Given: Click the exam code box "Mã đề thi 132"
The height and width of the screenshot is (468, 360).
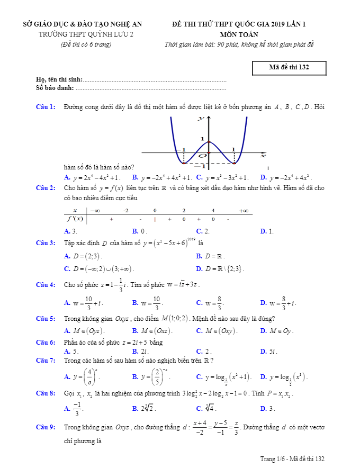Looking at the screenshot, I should pyautogui.click(x=289, y=68).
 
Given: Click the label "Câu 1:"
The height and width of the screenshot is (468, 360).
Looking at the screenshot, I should pyautogui.click(x=46, y=107).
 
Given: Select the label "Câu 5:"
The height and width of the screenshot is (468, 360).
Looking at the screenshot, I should pyautogui.click(x=46, y=319).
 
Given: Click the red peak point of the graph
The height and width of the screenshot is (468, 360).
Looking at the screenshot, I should pyautogui.click(x=209, y=142).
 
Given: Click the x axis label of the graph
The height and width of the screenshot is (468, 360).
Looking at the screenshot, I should pyautogui.click(x=263, y=156).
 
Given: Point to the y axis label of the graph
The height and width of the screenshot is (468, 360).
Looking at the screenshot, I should pyautogui.click(x=201, y=119).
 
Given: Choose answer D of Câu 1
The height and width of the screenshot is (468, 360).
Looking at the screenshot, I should pyautogui.click(x=286, y=177).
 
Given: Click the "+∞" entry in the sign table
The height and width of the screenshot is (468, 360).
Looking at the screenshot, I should pyautogui.click(x=244, y=211).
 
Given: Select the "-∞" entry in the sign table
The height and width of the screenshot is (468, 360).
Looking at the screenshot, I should pyautogui.click(x=95, y=211).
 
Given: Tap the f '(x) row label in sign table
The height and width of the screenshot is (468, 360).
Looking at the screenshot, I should pyautogui.click(x=75, y=219).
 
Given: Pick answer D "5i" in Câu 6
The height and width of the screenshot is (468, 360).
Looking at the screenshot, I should pyautogui.click(x=267, y=351).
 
